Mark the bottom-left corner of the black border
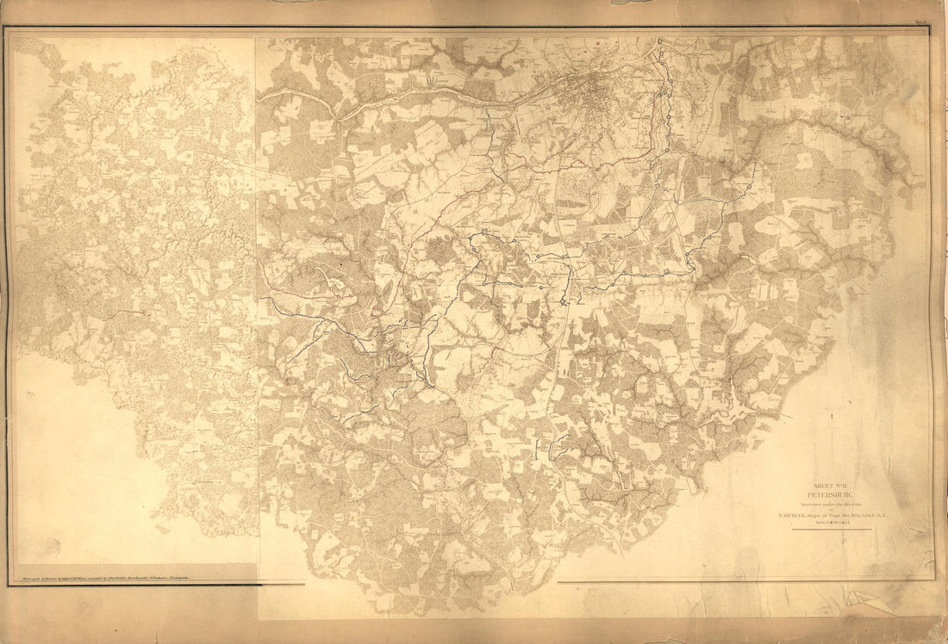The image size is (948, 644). (x=9, y=585)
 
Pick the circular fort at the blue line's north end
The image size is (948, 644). (x=659, y=40)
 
